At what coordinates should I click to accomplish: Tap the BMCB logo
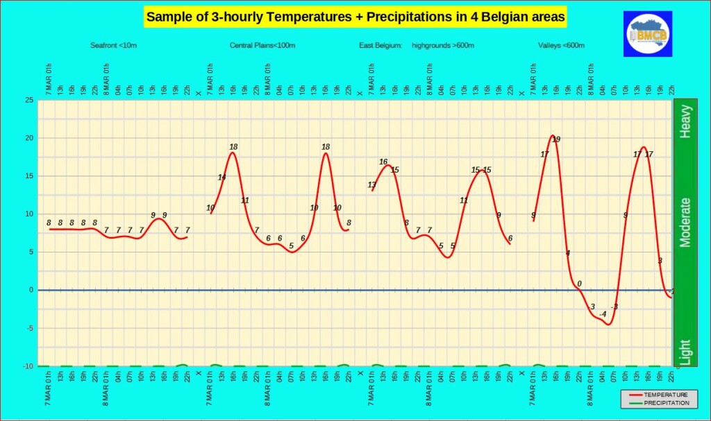pyautogui.click(x=648, y=33)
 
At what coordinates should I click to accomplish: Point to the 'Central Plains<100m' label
pyautogui.click(x=262, y=46)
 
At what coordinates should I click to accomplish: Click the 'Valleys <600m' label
pyautogui.click(x=561, y=46)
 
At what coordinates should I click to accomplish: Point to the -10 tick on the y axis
pyautogui.click(x=27, y=366)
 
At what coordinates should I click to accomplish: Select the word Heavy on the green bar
pyautogui.click(x=685, y=121)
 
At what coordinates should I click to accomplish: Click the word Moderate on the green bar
pyautogui.click(x=685, y=222)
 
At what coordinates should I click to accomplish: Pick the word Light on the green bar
pyautogui.click(x=685, y=352)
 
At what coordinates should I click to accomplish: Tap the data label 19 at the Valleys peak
pyautogui.click(x=556, y=139)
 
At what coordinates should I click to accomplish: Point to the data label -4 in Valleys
pyautogui.click(x=603, y=313)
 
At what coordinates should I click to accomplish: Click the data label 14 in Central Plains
pyautogui.click(x=222, y=178)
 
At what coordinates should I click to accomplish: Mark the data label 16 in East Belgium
pyautogui.click(x=383, y=162)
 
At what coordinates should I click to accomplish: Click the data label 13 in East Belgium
pyautogui.click(x=372, y=184)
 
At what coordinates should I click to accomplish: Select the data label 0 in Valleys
pyautogui.click(x=579, y=284)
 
